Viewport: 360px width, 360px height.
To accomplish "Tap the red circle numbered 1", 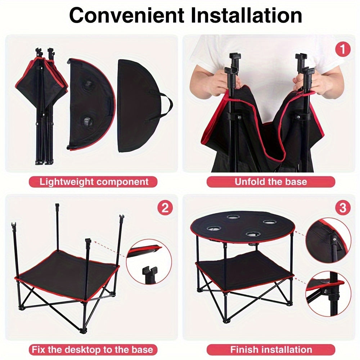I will coord(342,50).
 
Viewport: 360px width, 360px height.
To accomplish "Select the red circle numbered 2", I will coord(165,208).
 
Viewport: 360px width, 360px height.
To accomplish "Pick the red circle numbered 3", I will coord(342,208).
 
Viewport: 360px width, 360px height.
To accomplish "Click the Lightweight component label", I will coord(94,181).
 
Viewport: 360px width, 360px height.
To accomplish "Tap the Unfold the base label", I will coord(271,181).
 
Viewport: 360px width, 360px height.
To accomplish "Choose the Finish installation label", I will coord(271,349).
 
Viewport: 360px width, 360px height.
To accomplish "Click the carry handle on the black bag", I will coord(166,105).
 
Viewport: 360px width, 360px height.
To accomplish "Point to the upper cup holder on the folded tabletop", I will coord(87,85).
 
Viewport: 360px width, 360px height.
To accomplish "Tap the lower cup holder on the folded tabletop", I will coord(87,120).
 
